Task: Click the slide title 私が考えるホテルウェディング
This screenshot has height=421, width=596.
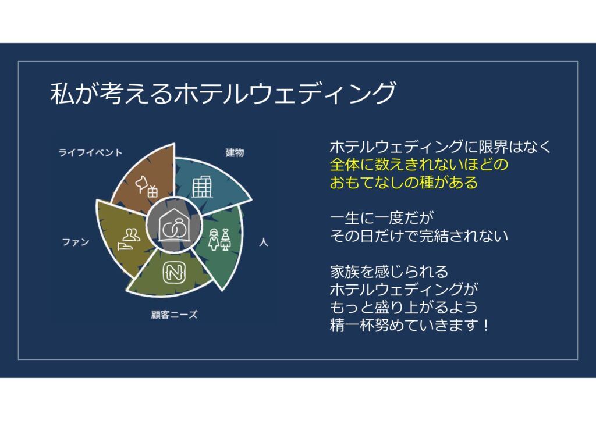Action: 223,92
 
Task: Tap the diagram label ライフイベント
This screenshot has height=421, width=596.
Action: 90,152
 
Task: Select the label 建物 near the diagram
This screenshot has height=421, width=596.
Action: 235,152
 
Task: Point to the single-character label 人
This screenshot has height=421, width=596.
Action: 264,242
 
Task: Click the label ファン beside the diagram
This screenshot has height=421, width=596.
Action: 76,242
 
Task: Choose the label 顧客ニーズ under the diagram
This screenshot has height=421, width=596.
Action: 174,315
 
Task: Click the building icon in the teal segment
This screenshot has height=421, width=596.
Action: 202,187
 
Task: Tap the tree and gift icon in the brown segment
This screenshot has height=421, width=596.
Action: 147,185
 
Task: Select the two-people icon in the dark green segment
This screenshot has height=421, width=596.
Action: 219,239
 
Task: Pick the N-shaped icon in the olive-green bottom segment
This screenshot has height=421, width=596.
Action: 174,272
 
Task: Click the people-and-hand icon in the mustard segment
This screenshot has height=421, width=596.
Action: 129,239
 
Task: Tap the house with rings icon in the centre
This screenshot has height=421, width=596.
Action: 173,225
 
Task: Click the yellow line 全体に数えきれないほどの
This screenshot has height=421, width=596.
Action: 419,165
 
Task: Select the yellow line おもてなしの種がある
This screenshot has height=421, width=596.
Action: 404,182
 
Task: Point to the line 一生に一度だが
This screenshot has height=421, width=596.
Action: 382,218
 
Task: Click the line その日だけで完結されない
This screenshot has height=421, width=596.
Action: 419,236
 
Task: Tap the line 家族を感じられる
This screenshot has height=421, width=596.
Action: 389,272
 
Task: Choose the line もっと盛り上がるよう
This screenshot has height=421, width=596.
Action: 404,307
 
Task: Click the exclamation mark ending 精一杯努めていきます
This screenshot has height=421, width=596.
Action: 487,325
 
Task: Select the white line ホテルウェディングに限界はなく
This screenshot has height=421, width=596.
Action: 440,147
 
